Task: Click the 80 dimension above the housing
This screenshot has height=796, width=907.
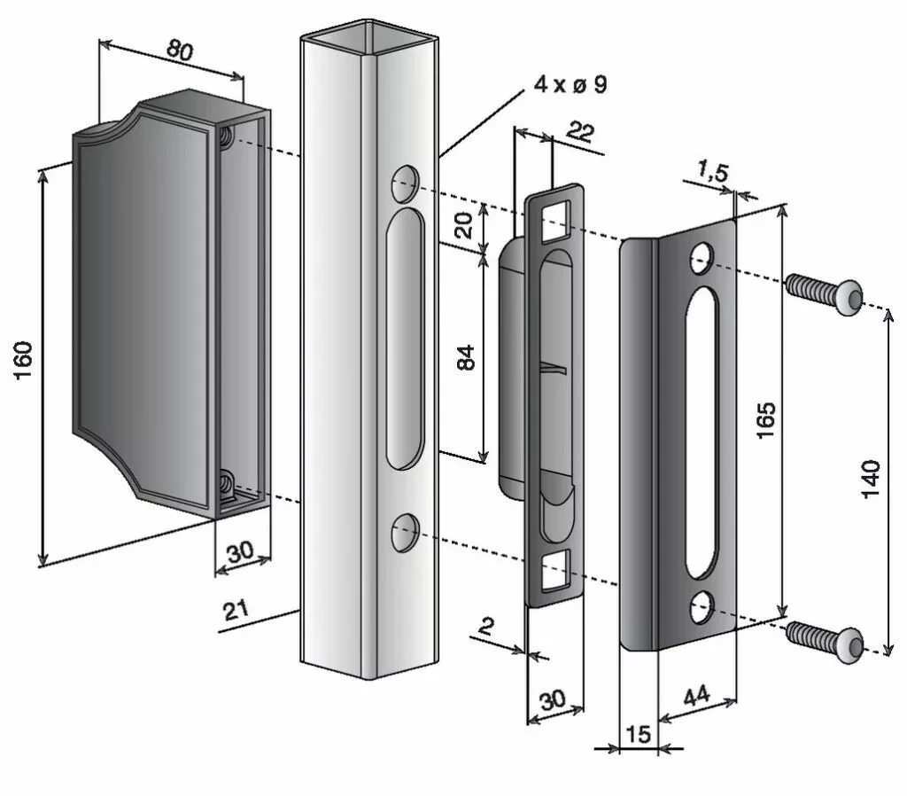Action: [x=180, y=51]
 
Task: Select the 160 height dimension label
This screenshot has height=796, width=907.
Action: [x=23, y=360]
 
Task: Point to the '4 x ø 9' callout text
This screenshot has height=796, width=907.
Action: [x=570, y=85]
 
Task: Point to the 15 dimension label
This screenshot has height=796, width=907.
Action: [x=637, y=734]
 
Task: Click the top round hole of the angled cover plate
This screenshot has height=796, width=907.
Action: [x=702, y=257]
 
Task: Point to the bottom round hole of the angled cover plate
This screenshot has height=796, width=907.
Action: [x=702, y=606]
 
